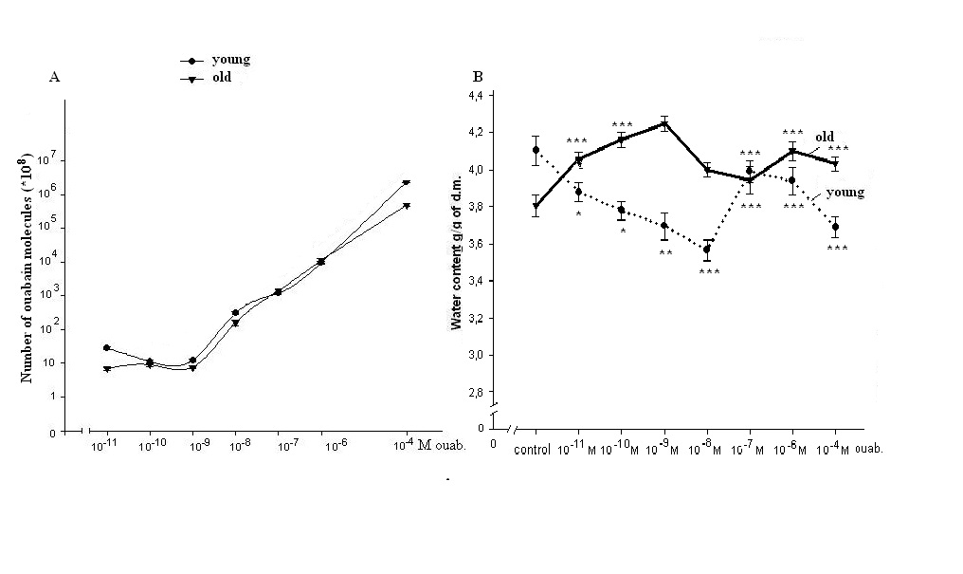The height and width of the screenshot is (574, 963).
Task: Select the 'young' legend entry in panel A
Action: click(230, 60)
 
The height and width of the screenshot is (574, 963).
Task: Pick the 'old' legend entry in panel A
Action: click(220, 78)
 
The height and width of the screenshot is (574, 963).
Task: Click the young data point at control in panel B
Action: click(536, 150)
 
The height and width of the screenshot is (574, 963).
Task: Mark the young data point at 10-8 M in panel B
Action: click(706, 250)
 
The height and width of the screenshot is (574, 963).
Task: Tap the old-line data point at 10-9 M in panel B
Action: click(663, 123)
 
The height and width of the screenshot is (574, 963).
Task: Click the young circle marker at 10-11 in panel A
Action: click(106, 348)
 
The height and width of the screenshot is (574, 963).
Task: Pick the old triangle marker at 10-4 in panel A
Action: click(407, 183)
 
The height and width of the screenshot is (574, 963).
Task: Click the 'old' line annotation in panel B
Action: click(825, 138)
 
